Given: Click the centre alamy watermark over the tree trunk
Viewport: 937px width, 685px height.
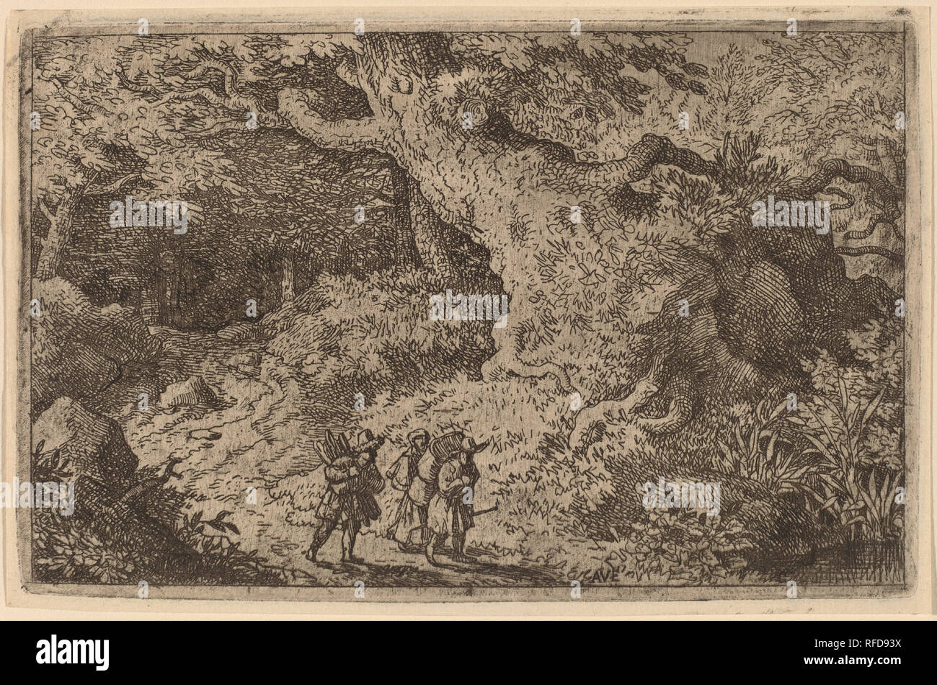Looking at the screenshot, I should coord(468,306).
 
